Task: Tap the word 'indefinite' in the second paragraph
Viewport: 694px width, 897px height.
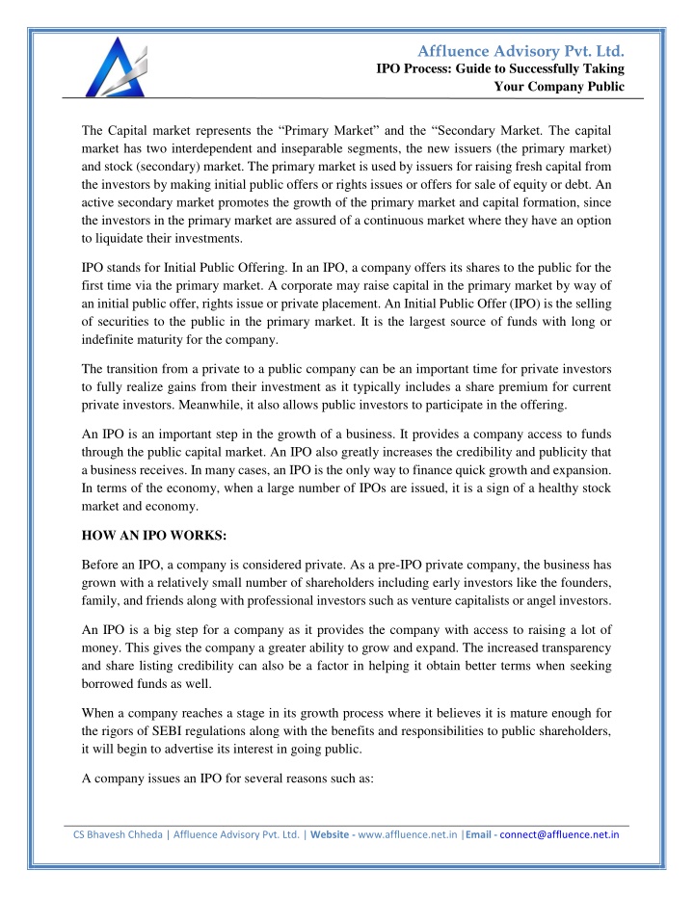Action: (x=114, y=338)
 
